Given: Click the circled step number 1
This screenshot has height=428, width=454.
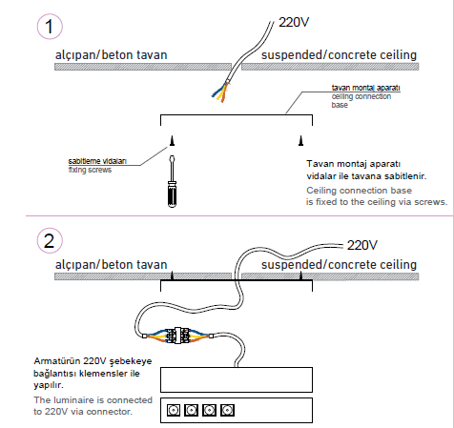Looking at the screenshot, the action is (50, 27).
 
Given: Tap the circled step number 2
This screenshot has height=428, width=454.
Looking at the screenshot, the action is (50, 240).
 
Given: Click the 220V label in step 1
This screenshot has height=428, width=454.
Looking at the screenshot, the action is (294, 22).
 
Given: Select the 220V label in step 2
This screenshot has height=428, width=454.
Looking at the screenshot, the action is (362, 245).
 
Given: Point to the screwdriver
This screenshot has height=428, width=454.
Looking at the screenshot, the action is (172, 181).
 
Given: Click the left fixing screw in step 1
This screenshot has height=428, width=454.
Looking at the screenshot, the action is (172, 140).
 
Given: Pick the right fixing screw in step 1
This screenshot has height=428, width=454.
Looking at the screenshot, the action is (300, 140).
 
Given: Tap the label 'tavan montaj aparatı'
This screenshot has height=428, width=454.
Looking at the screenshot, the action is (365, 88).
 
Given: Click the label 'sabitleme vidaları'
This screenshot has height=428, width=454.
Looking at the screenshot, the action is (97, 161).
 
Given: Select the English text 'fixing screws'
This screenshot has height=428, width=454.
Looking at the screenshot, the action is (90, 170).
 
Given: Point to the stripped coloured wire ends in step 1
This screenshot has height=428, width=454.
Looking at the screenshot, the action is (221, 92).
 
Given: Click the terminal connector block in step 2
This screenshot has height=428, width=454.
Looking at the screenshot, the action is (178, 336).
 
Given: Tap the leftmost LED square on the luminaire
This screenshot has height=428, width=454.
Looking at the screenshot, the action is (174, 410).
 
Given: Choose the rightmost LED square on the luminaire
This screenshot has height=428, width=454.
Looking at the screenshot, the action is (228, 410).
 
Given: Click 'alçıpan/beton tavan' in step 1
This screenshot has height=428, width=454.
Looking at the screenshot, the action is (112, 55).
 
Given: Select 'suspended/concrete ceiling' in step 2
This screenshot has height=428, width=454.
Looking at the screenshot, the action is (339, 265).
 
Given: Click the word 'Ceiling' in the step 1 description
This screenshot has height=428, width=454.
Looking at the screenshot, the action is (320, 191).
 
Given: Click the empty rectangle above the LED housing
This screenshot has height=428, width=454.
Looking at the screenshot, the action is (237, 379).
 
